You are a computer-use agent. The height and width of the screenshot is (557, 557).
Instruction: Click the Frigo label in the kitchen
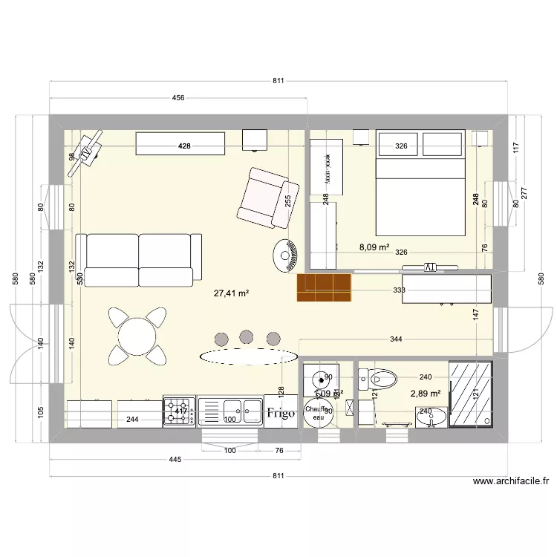pyautogui.click(x=281, y=413)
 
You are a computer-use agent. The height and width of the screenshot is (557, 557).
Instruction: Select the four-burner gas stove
pyautogui.click(x=179, y=411)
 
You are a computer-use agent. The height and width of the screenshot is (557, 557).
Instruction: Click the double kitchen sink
pyautogui.click(x=230, y=411)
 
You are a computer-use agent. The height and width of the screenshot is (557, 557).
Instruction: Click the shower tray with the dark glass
pyautogui.click(x=471, y=394)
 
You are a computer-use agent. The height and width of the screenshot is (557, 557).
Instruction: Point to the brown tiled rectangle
pyautogui.click(x=323, y=287)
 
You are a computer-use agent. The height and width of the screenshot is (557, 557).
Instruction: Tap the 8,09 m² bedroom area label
pyautogui.click(x=375, y=247)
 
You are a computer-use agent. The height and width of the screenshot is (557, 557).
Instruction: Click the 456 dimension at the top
pyautogui.click(x=178, y=98)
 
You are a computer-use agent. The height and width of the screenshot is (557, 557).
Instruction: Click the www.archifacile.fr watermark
pyautogui.click(x=511, y=481)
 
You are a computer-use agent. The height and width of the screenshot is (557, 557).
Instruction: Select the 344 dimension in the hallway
pyautogui.click(x=396, y=339)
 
